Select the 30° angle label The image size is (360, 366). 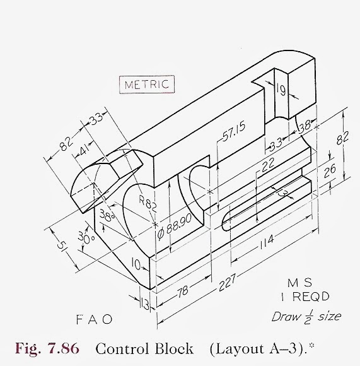pos(85,237)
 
